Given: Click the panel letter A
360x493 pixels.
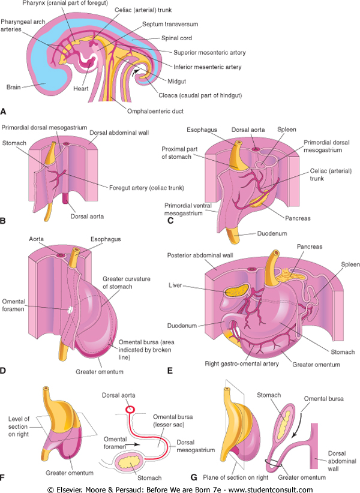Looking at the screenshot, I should tap(5, 111).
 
